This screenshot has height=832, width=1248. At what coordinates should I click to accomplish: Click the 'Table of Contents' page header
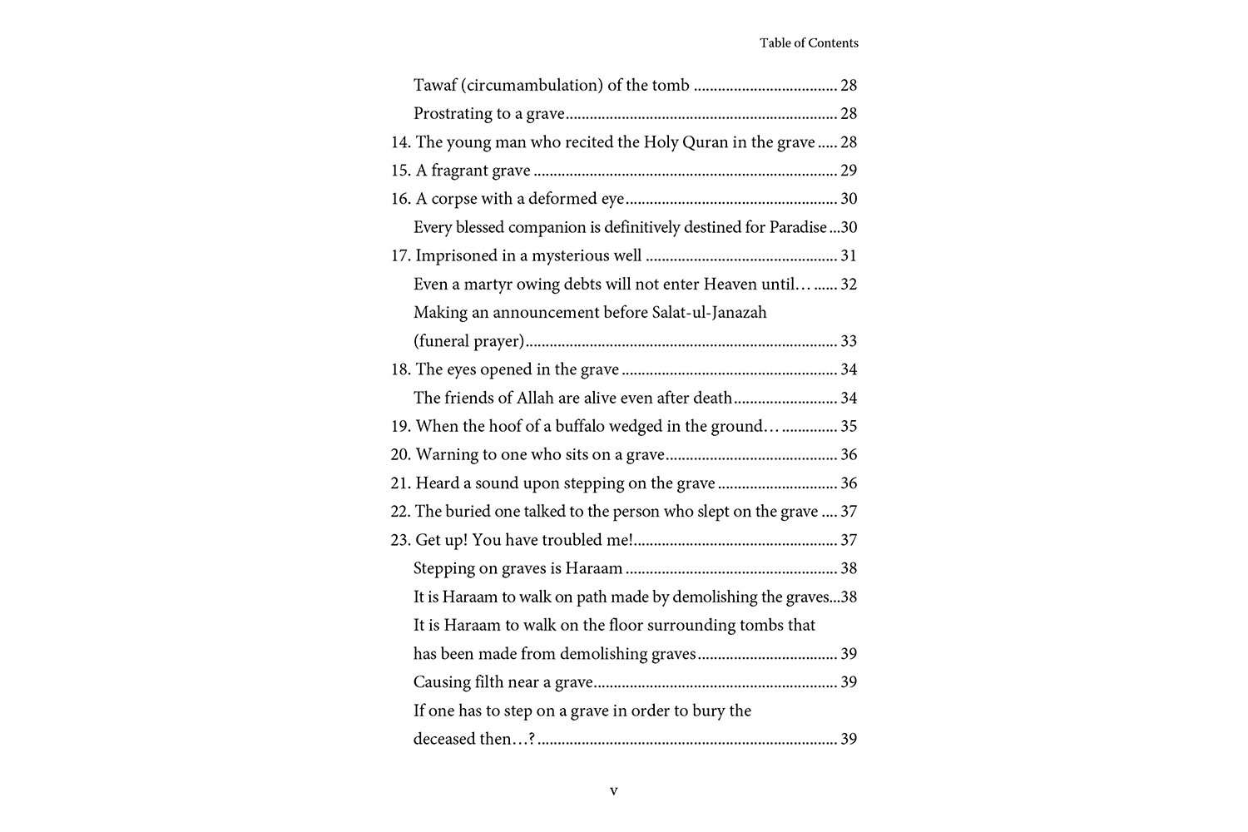(809, 43)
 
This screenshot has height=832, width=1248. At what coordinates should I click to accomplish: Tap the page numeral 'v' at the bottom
(614, 791)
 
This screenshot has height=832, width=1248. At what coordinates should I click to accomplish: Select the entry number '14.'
(401, 142)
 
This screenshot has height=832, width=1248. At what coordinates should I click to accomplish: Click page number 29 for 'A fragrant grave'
(849, 171)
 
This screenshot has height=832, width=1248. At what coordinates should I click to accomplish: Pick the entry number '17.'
(401, 255)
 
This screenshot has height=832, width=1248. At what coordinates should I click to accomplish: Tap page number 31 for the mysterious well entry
(849, 255)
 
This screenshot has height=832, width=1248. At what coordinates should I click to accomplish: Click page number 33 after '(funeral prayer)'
(849, 341)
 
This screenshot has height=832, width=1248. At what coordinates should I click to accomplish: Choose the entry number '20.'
(401, 455)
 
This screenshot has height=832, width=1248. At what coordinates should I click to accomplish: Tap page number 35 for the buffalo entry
(849, 427)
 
